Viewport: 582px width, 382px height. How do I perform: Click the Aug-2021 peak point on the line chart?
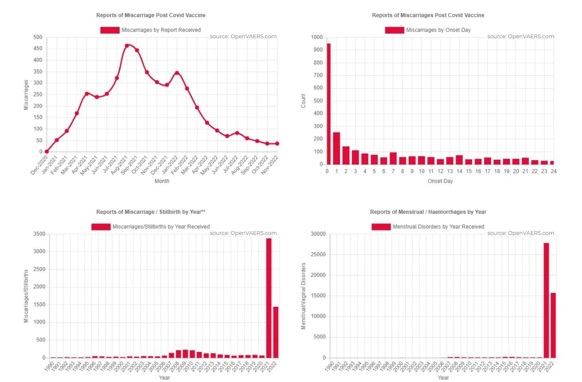coord(127,46)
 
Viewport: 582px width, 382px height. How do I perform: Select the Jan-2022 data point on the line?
coord(177,73)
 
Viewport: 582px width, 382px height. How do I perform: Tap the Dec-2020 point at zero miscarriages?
coord(46,152)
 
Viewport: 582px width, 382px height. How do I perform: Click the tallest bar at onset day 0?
coord(328,104)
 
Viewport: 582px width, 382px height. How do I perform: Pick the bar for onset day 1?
coord(336,148)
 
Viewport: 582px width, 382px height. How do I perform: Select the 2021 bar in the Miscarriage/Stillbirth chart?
coord(268,298)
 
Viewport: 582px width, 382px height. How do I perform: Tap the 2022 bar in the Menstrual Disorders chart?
coord(553,325)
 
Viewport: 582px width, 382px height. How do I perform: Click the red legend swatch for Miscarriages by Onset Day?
coord(394,30)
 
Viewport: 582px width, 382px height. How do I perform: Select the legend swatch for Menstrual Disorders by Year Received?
coord(381,227)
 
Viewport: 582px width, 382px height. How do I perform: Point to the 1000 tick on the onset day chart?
coord(317,37)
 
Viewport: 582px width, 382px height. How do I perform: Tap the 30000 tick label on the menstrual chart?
coord(318,234)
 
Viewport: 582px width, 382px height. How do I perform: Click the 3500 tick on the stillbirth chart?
coord(39,234)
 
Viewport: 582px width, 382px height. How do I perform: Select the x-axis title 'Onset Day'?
coord(440,181)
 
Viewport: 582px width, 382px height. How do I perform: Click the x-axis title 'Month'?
coord(162,181)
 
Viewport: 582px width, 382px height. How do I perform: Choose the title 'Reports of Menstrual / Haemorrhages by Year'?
coord(428,212)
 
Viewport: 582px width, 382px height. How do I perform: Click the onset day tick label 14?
coord(459,171)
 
